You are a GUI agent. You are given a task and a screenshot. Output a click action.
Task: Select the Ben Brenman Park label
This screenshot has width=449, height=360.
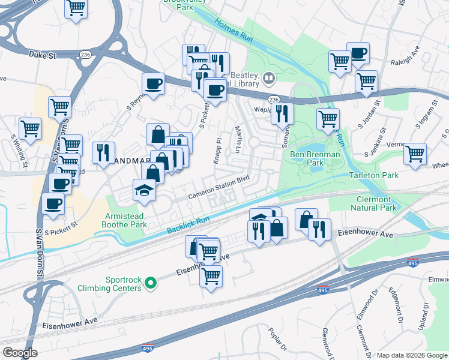315,159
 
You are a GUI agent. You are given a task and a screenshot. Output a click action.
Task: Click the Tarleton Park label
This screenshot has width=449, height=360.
373,175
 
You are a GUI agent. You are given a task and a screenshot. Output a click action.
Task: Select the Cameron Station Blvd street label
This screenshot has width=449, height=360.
218,187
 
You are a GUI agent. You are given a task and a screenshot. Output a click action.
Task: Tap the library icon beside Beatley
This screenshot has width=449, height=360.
269,77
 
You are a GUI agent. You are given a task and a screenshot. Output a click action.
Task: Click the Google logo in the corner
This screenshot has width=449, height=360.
20,352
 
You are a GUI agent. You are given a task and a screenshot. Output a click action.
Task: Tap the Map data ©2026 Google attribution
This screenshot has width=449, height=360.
412,355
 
